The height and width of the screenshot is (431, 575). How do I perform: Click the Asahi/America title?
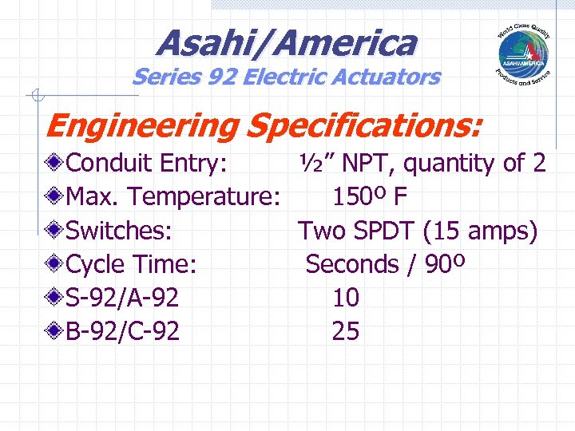pos(287,42)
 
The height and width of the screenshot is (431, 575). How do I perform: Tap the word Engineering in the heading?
pos(142,125)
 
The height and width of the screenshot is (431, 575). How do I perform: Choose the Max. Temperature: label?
pos(172,197)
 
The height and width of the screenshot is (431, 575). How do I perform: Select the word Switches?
pos(119,231)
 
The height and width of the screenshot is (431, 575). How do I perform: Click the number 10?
pos(345,298)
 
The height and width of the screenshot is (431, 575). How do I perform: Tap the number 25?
pos(345,331)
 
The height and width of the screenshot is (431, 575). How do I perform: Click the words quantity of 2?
pos(475,164)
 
